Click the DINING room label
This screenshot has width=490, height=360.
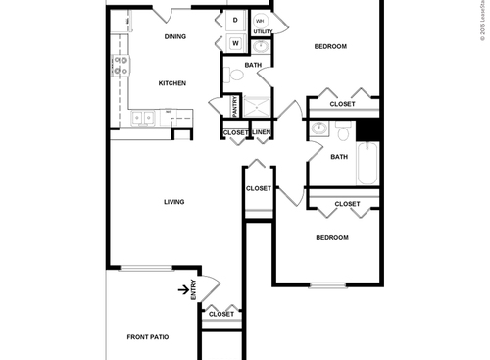[x=175, y=37]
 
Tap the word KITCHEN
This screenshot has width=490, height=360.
[x=172, y=83]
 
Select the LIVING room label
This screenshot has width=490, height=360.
[x=174, y=202]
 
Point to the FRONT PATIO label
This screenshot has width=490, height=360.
[x=148, y=337]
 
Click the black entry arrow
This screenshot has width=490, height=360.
[x=183, y=288]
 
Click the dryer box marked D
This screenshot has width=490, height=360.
[x=236, y=21]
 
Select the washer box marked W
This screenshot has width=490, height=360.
[x=236, y=42]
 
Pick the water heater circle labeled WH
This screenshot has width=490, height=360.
[x=261, y=20]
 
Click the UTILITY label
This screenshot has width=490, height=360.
[x=264, y=32]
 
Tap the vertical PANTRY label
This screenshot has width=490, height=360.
[x=235, y=105]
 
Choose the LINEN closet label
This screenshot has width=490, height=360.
[x=262, y=132]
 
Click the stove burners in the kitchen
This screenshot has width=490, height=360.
[x=122, y=66]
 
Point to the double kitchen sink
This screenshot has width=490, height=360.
[x=143, y=119]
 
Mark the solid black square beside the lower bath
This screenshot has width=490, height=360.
[x=368, y=129]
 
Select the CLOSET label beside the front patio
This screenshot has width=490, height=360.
[x=221, y=314]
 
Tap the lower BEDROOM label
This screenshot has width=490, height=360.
[x=331, y=237]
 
